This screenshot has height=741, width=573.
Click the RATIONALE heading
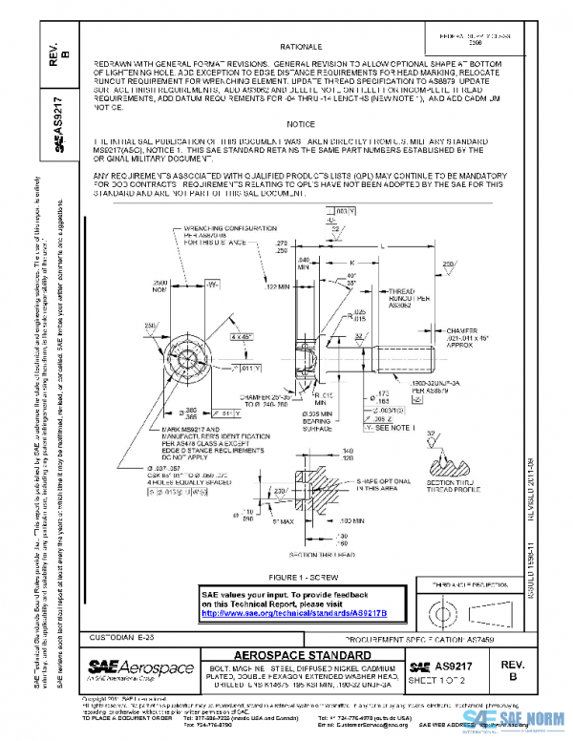(x=301, y=46)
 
